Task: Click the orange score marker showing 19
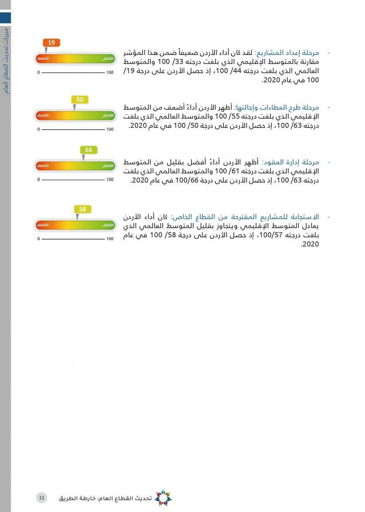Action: point(52,43)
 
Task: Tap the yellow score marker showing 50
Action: point(79,100)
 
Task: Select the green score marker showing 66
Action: point(89,150)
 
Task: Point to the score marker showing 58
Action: point(83,209)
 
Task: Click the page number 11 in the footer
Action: point(42,497)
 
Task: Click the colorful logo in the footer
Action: point(163,498)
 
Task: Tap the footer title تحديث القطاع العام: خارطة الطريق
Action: point(105,498)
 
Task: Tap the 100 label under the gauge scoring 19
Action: point(110,73)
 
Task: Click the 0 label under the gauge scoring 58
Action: point(38,238)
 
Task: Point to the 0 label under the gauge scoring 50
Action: point(38,129)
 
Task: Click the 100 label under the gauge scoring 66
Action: point(110,180)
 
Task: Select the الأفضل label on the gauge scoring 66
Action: point(108,165)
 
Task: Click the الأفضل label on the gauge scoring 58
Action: point(108,225)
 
